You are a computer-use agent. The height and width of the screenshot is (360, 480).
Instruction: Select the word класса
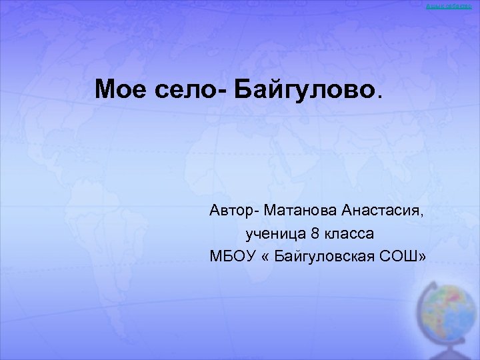point(350,234)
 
